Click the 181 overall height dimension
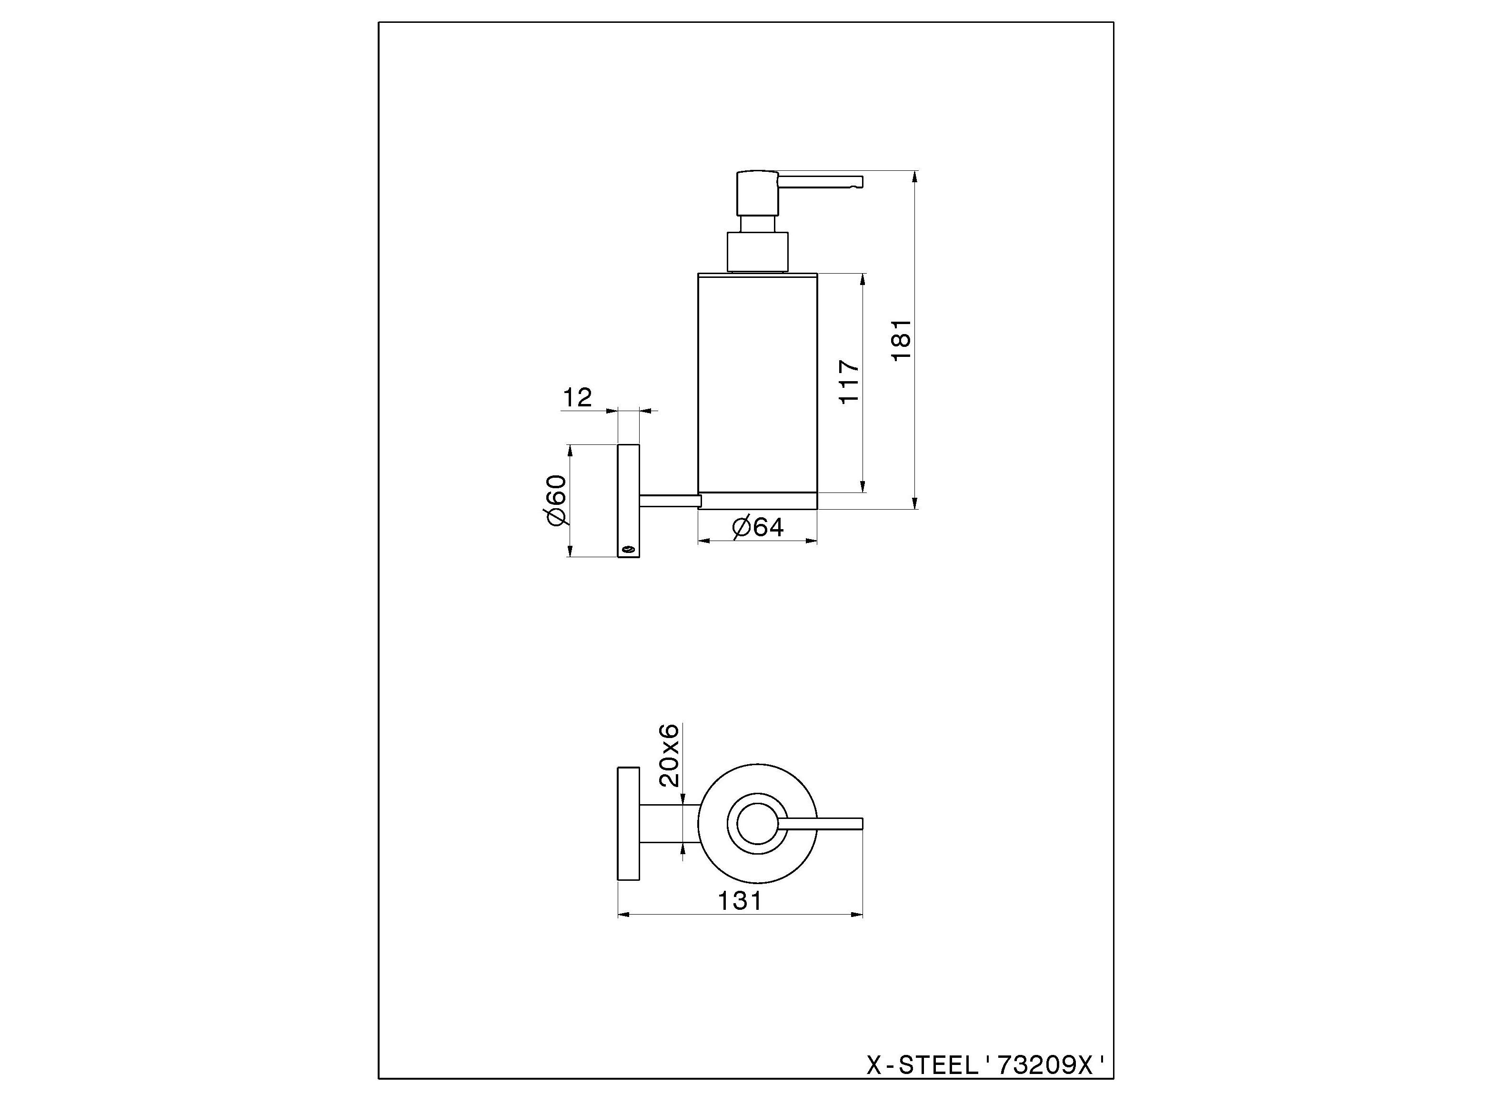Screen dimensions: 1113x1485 pos(901,339)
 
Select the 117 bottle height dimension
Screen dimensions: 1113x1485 pos(849,383)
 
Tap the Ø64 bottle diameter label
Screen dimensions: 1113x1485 pos(758,527)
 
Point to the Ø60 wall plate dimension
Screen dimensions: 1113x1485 pos(557,501)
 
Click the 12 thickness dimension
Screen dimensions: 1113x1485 pos(577,398)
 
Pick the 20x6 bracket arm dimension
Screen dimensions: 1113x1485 pos(669,756)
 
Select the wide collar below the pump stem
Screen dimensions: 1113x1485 pos(757,252)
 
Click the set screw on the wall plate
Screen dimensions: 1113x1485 pos(628,550)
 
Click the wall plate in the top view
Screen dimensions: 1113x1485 pos(628,823)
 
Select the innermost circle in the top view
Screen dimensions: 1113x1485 pos(757,823)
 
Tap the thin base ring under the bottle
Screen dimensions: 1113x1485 pos(757,501)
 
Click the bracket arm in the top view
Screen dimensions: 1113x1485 pos(669,823)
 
